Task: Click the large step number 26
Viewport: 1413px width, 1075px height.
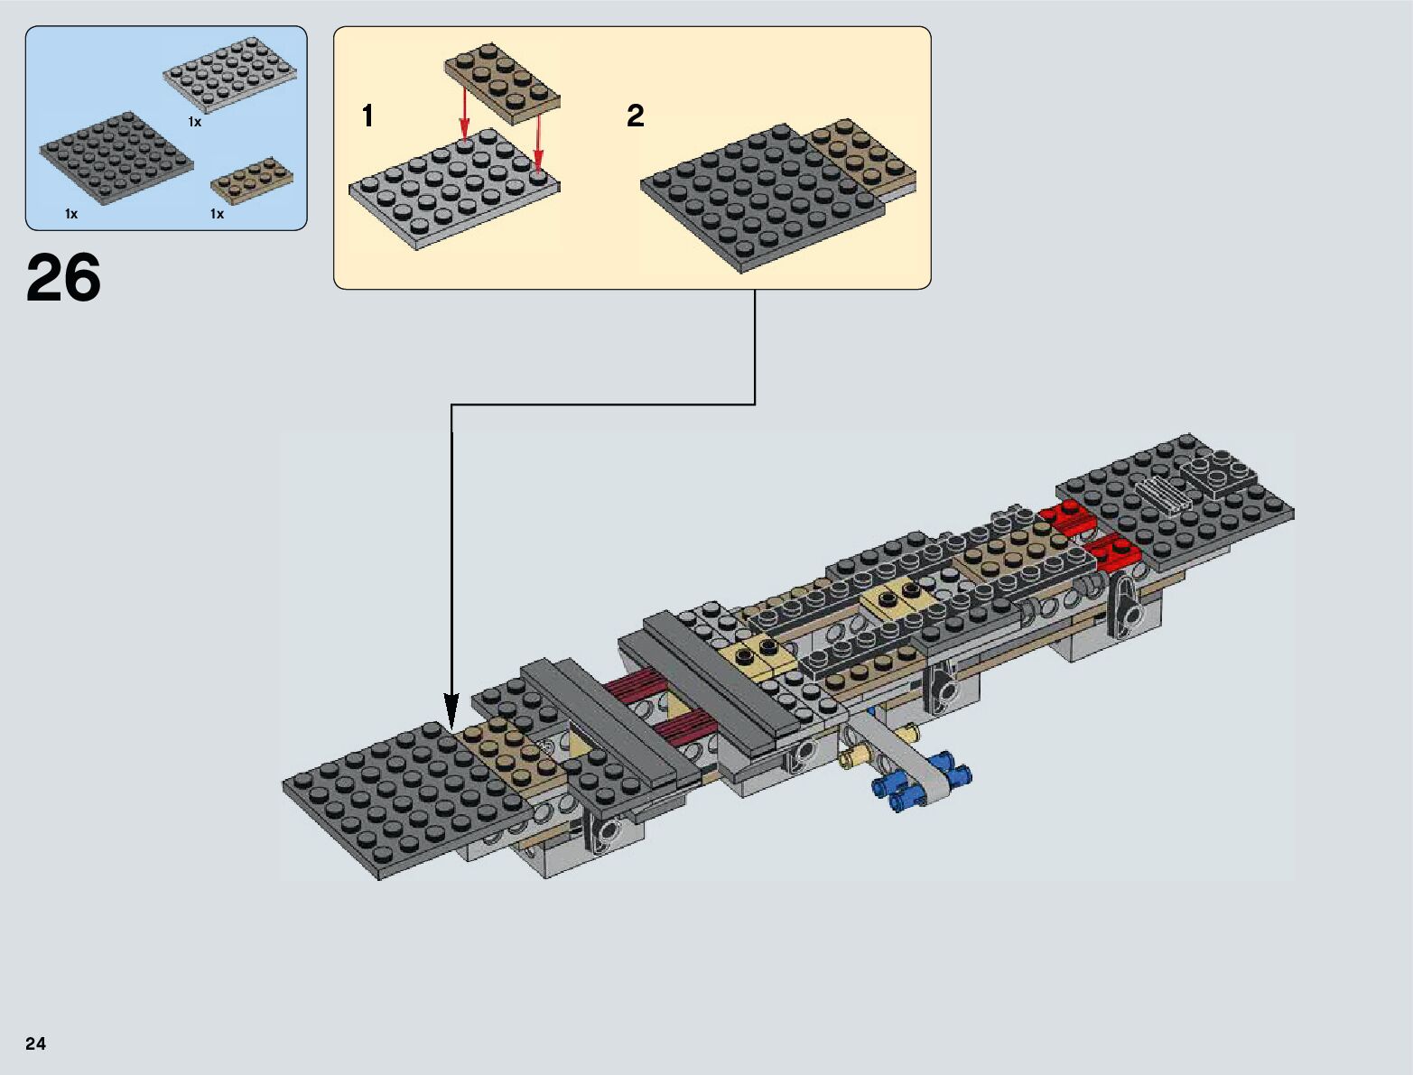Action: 64,277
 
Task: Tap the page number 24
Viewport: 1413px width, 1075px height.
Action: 35,1043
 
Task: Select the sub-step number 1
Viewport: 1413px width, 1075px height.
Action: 367,116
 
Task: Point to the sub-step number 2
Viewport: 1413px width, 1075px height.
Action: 636,116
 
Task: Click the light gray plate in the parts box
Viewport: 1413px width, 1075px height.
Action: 230,75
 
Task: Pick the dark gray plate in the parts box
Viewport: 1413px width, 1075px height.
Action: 116,158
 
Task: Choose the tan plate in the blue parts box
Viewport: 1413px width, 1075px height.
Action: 252,181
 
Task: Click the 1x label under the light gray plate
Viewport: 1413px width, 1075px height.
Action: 194,122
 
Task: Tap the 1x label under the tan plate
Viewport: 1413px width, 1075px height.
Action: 217,214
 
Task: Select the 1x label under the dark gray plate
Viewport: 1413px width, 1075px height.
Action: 70,214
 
